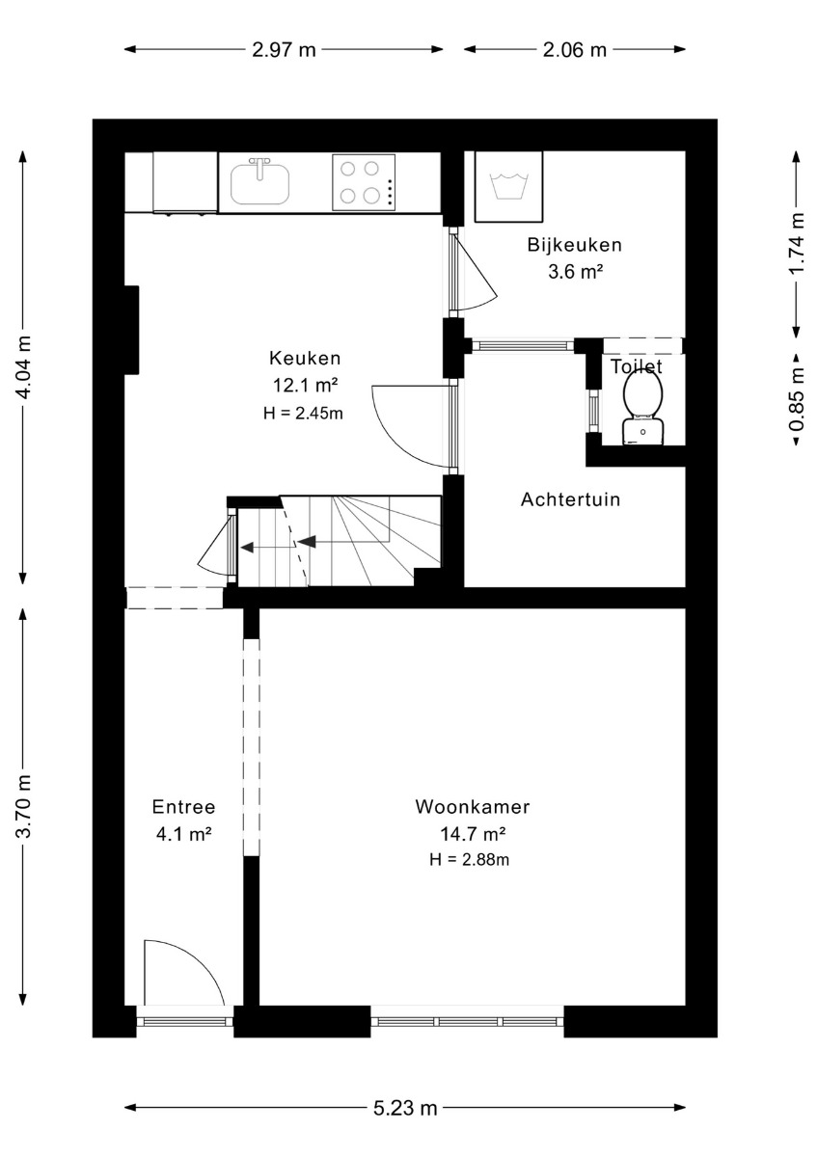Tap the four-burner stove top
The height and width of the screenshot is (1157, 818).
coord(365,182)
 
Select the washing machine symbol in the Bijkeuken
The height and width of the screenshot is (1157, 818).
coord(508,186)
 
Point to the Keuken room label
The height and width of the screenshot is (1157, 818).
coord(305,358)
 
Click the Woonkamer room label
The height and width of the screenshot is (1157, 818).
coord(473,807)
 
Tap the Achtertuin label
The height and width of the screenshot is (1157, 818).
coord(570,499)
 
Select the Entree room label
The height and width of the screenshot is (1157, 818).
coord(183,807)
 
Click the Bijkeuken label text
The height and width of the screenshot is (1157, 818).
coord(575,245)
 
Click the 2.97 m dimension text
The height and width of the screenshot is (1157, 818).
coord(284,49)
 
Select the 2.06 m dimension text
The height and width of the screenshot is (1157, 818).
coord(574,49)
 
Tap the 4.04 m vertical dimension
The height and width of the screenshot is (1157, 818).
coord(23,367)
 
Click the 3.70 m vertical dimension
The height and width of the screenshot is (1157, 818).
coord(23,807)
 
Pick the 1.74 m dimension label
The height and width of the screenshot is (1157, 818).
coord(798,244)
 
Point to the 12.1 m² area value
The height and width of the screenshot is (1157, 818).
coord(305,385)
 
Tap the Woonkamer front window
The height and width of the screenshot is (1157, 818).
coord(467,1022)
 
